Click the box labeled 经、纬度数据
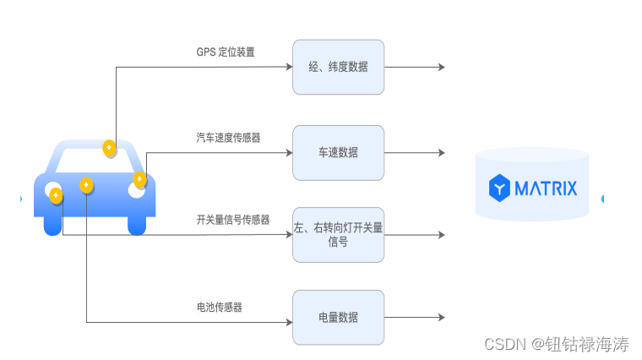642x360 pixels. [338, 67]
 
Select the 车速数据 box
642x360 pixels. [338, 153]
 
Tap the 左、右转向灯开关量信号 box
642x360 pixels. [338, 234]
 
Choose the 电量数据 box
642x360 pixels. [338, 317]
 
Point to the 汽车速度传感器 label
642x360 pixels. [228, 136]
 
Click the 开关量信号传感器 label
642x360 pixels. [232, 220]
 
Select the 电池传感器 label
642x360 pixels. [219, 308]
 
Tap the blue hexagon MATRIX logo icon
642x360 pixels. [501, 188]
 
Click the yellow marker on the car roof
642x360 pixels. [109, 148]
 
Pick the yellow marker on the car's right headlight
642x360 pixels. [139, 179]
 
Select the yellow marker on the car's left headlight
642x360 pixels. [56, 195]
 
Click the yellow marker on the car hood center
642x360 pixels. [86, 185]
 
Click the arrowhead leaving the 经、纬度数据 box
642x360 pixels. [441, 67]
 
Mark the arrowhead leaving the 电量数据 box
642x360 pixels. [441, 317]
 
